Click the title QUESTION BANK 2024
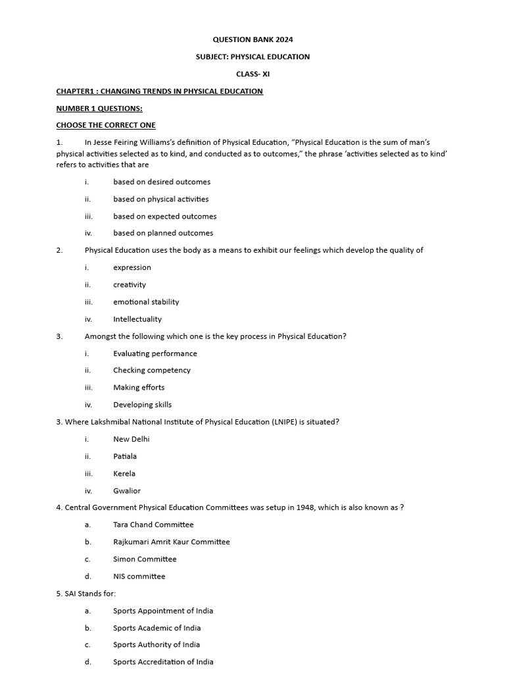pyautogui.click(x=252, y=39)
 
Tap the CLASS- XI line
pyautogui.click(x=252, y=74)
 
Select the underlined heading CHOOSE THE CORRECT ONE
pyautogui.click(x=106, y=125)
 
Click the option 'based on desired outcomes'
pyautogui.click(x=162, y=182)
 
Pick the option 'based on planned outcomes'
pyautogui.click(x=163, y=233)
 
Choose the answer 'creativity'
pyautogui.click(x=130, y=284)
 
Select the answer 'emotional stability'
pyautogui.click(x=146, y=301)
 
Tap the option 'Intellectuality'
pyautogui.click(x=137, y=319)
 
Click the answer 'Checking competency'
pyautogui.click(x=152, y=370)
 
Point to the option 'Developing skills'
pyautogui.click(x=142, y=405)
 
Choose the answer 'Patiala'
pyautogui.click(x=125, y=456)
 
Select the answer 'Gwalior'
pyautogui.click(x=127, y=490)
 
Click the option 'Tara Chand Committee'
pyautogui.click(x=153, y=525)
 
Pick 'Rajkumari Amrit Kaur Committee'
pyautogui.click(x=172, y=542)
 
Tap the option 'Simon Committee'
pyautogui.click(x=145, y=559)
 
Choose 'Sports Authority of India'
pyautogui.click(x=156, y=644)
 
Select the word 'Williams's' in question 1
pyautogui.click(x=196, y=142)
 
